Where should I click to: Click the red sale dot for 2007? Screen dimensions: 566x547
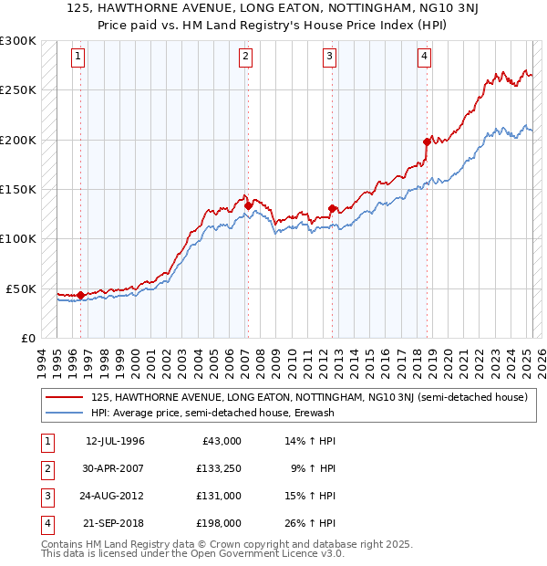(248, 206)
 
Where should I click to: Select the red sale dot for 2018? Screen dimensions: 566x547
(427, 142)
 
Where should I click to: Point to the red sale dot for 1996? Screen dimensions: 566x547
(80, 295)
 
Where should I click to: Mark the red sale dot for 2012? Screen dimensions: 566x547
(332, 208)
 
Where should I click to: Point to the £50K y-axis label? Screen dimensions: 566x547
(20, 288)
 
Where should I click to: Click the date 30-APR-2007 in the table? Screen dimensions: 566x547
(115, 469)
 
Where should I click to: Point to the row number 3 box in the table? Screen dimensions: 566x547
(46, 496)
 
